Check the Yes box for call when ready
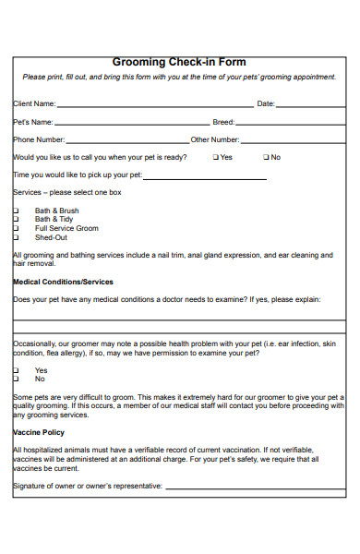(216, 157)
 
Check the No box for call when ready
(266, 157)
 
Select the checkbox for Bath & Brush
(16, 211)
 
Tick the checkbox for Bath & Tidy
(16, 220)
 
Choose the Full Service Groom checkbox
(16, 228)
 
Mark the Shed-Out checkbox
(16, 237)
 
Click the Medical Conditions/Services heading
(63, 281)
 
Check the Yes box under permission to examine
(16, 370)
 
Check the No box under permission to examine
(16, 379)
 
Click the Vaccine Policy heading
(39, 432)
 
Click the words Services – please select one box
(66, 193)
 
